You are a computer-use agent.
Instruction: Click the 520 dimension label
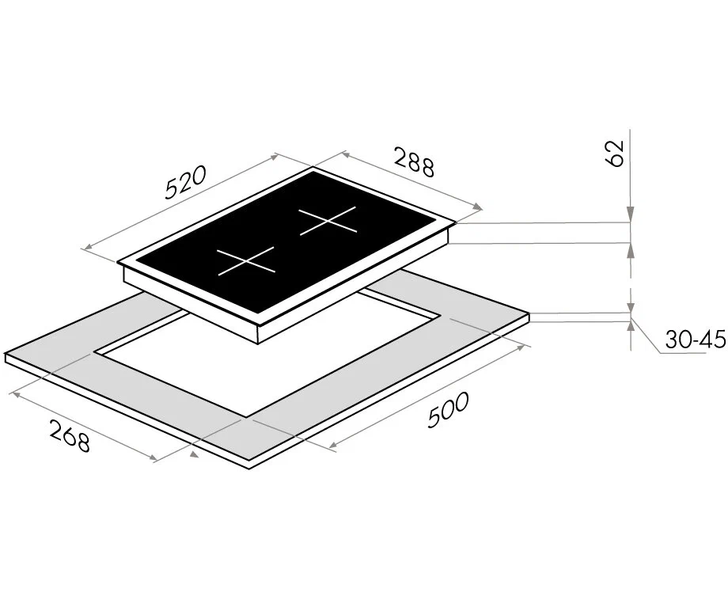(185, 182)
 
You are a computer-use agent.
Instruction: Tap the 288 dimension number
(414, 161)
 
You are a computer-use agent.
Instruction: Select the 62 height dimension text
(614, 153)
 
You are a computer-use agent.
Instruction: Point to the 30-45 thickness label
(695, 340)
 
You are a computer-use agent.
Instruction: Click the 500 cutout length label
(449, 409)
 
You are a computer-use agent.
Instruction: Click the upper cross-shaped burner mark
(328, 220)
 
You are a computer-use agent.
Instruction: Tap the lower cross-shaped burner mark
(247, 260)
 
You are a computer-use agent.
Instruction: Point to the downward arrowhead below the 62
(630, 214)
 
